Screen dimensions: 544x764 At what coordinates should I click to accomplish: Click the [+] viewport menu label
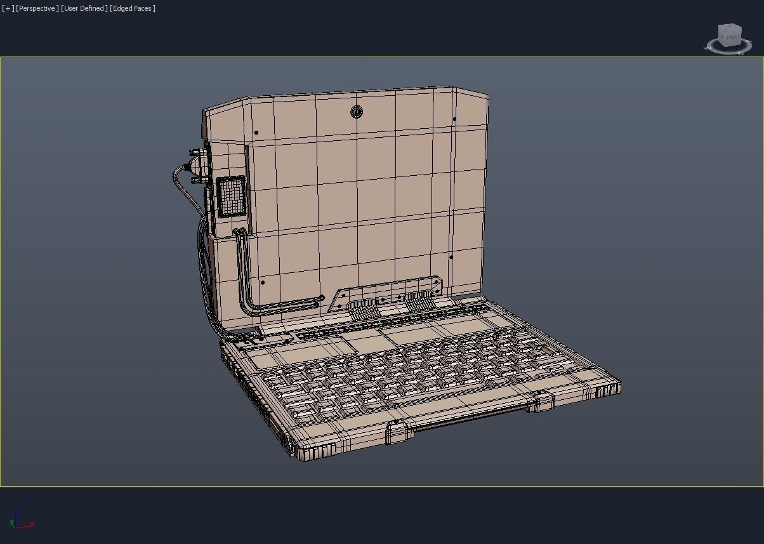pos(8,8)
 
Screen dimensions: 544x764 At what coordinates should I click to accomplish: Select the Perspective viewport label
pos(37,8)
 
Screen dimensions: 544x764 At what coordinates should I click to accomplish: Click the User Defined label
pos(84,8)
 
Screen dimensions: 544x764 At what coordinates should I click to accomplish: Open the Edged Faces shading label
pos(133,8)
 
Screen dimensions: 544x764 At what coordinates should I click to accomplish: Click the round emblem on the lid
pos(357,112)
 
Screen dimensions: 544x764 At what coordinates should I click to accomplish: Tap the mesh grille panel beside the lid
pos(230,196)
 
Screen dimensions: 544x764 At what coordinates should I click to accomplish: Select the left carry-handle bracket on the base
pos(396,432)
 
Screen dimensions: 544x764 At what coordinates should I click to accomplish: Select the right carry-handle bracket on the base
pos(540,401)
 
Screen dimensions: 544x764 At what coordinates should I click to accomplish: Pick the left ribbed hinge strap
pos(362,309)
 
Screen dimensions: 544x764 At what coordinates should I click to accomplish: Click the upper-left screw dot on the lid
pos(256,133)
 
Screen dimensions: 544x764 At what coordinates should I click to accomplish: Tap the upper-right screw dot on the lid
pos(454,119)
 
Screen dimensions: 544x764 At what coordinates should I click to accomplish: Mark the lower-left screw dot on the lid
pos(263,282)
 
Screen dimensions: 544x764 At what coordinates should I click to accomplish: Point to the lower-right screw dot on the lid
pos(451,257)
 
